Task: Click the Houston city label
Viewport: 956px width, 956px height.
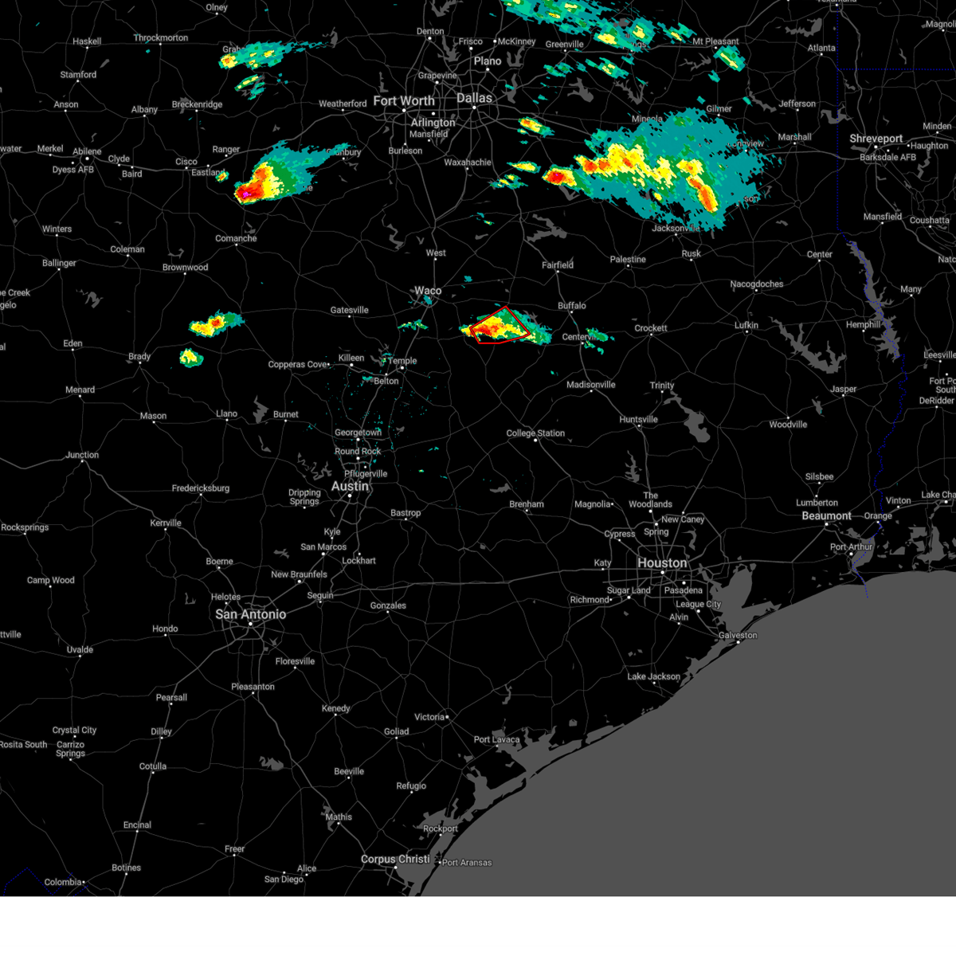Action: coord(662,563)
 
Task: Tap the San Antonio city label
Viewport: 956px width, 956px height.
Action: coord(251,614)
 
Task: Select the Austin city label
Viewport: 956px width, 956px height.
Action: coord(351,486)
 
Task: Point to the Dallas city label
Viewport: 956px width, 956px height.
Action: coord(474,98)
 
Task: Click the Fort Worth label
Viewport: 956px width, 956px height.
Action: coord(404,101)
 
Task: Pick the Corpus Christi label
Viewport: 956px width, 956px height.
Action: coord(395,860)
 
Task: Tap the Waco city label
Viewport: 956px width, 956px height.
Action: coord(428,291)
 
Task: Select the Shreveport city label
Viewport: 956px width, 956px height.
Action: coord(876,139)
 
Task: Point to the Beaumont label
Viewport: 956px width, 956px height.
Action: coord(827,516)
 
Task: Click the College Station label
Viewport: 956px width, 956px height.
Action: coord(535,433)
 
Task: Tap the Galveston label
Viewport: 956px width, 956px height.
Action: coord(738,635)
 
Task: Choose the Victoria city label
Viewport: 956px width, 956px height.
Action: coord(429,717)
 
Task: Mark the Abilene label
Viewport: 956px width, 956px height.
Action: coord(87,151)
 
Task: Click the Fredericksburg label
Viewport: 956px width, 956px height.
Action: coord(201,488)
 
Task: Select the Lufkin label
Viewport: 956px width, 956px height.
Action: coord(746,325)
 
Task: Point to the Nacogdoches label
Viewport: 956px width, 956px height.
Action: coord(757,284)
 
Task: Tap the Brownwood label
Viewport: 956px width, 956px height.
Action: coord(185,268)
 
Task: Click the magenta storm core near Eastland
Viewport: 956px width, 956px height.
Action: coord(246,193)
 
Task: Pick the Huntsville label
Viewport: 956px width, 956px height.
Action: coord(639,420)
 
